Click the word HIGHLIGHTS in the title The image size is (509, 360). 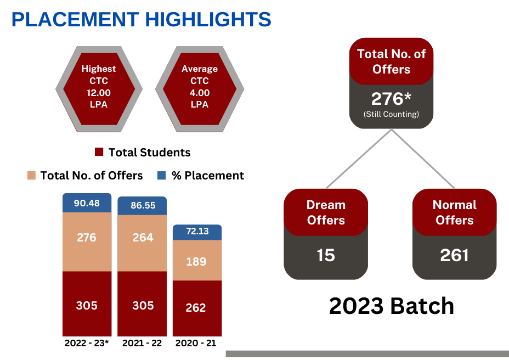click(x=208, y=20)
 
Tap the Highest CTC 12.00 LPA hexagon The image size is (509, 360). click(x=99, y=89)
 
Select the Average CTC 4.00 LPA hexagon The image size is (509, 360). click(x=200, y=89)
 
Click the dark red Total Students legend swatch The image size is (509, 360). click(x=99, y=151)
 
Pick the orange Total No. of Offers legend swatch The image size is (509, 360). click(x=31, y=176)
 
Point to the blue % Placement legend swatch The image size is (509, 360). click(x=162, y=176)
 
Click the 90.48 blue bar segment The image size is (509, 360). click(x=87, y=203)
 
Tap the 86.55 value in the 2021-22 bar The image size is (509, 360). click(x=143, y=205)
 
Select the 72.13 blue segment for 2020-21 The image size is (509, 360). click(x=197, y=232)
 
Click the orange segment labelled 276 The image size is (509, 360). click(x=87, y=241)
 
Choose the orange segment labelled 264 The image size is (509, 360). click(x=142, y=243)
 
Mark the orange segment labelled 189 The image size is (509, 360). click(x=197, y=260)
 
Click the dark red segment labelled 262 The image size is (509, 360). click(x=197, y=308)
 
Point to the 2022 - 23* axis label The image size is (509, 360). click(x=87, y=343)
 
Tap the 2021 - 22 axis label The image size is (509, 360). click(x=142, y=343)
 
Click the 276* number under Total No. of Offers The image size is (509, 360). click(x=391, y=99)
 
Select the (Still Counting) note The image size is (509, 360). click(x=391, y=114)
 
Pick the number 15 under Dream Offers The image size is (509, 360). click(x=326, y=255)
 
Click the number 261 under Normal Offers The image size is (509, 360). click(x=455, y=255)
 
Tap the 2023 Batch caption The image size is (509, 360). click(x=392, y=306)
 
